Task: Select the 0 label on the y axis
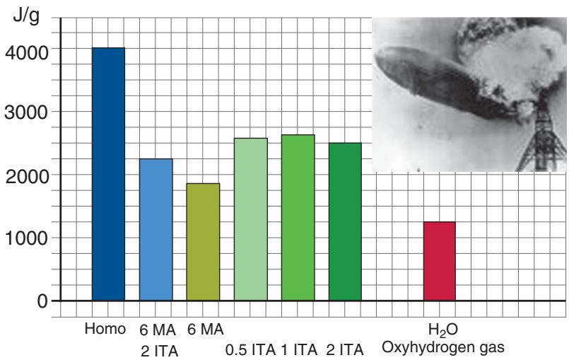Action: [x=44, y=301]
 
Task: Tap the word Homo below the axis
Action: [x=105, y=329]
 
